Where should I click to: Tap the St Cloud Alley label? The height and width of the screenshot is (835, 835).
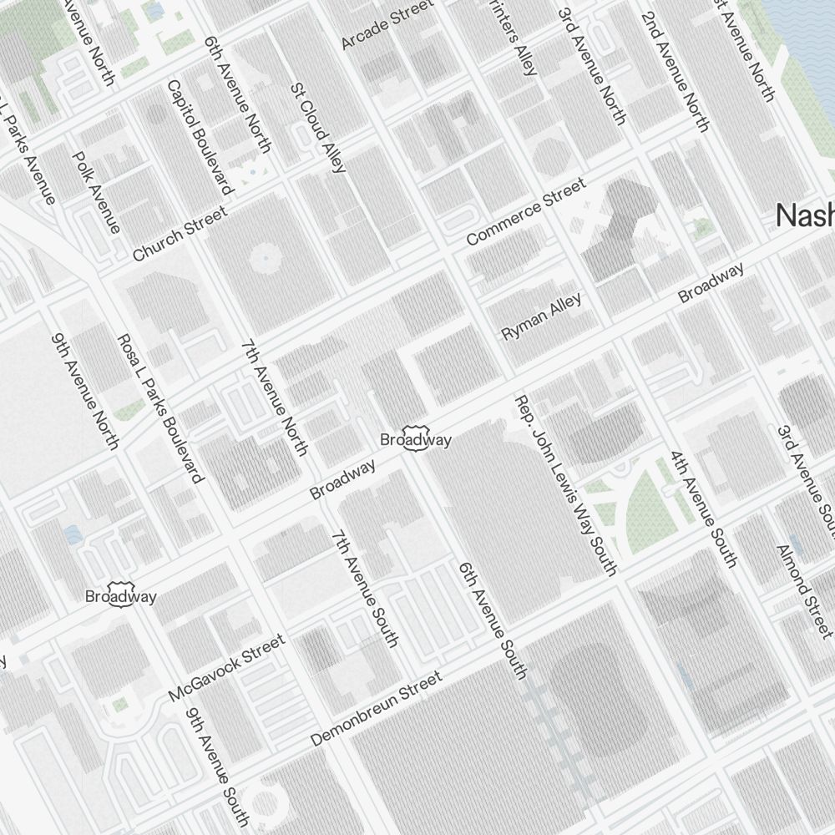(x=317, y=127)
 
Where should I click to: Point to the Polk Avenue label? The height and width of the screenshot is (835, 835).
(x=97, y=192)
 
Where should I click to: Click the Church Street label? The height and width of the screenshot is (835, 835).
(x=180, y=235)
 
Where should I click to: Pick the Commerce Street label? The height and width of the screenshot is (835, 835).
(x=526, y=211)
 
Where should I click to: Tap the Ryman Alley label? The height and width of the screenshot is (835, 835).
(x=541, y=316)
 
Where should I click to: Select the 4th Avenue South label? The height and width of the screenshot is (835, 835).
(x=703, y=509)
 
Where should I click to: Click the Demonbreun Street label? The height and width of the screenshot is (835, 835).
(x=376, y=709)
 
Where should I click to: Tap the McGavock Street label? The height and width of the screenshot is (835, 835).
(x=226, y=668)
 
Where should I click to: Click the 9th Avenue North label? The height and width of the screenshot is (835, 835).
(x=85, y=391)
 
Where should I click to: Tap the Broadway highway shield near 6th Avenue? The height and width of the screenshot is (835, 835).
(x=416, y=440)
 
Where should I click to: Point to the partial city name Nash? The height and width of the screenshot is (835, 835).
(x=805, y=215)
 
